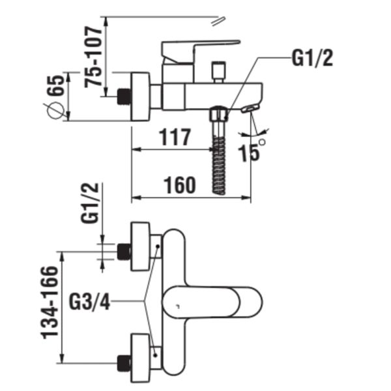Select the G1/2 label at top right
(311, 59)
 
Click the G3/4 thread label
(89, 302)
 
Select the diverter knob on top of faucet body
(217, 70)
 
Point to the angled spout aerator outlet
(250, 108)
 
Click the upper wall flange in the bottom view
(142, 247)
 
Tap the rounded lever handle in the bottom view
(215, 304)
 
